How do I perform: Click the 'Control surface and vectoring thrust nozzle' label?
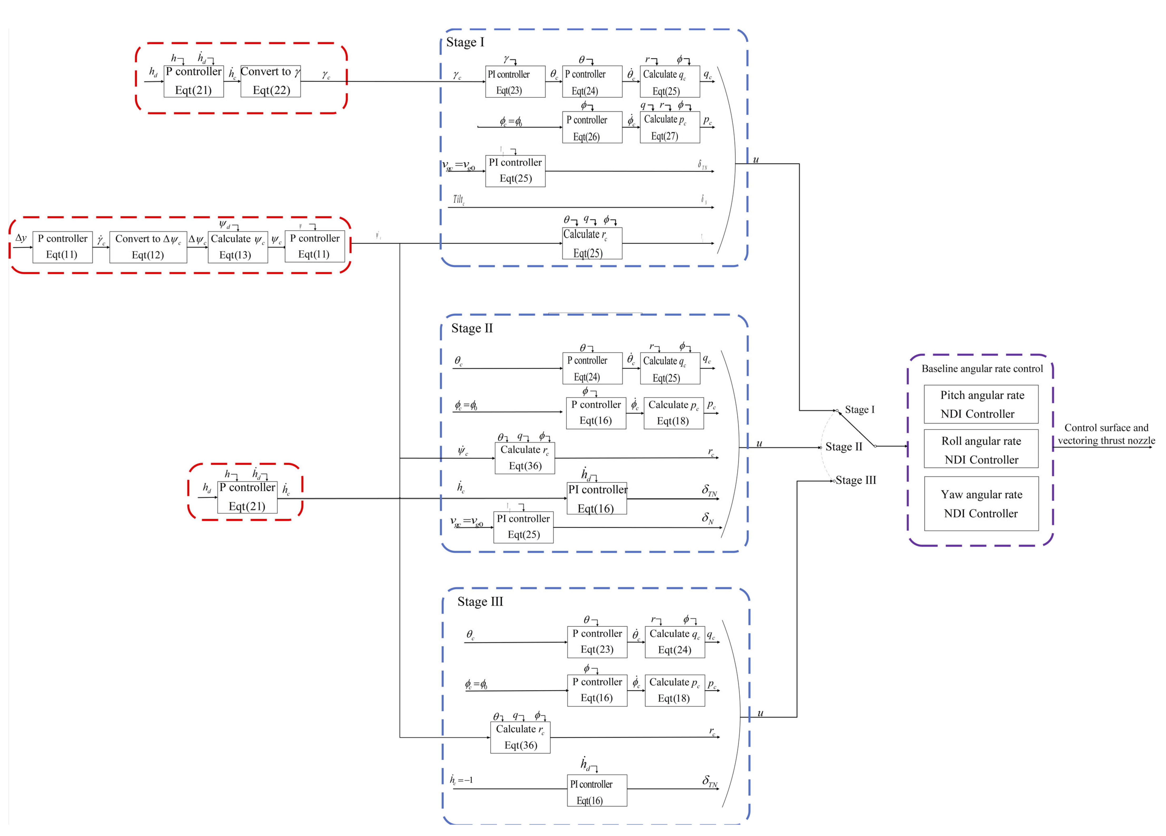tap(1106, 434)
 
